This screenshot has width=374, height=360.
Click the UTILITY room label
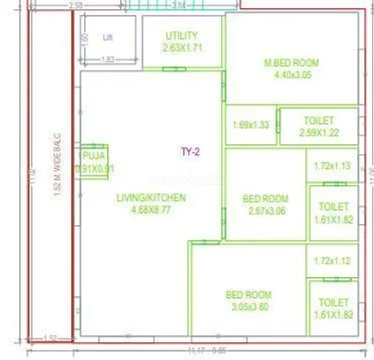tap(181, 35)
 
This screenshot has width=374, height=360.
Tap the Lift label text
tap(108, 36)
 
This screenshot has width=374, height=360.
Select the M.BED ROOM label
tap(291, 63)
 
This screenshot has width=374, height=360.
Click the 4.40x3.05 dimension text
tap(291, 75)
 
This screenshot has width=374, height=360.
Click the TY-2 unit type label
tap(190, 152)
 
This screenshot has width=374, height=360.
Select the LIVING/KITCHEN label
tap(151, 198)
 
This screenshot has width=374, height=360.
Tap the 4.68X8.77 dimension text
tap(151, 210)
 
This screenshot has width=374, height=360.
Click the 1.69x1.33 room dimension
tap(250, 126)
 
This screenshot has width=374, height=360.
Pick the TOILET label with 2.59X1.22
tap(319, 121)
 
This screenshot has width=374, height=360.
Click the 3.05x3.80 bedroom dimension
tap(248, 307)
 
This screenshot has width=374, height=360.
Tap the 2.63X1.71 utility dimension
tap(181, 47)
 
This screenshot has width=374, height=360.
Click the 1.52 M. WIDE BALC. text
tap(58, 171)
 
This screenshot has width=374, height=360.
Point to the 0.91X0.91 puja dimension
tap(94, 169)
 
